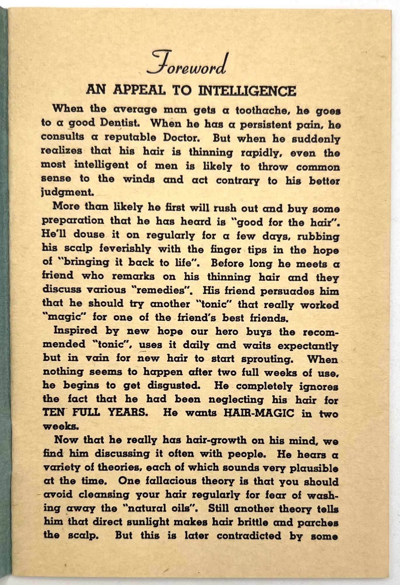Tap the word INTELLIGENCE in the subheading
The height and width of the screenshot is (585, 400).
(x=247, y=91)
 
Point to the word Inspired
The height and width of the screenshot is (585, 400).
(x=76, y=331)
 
